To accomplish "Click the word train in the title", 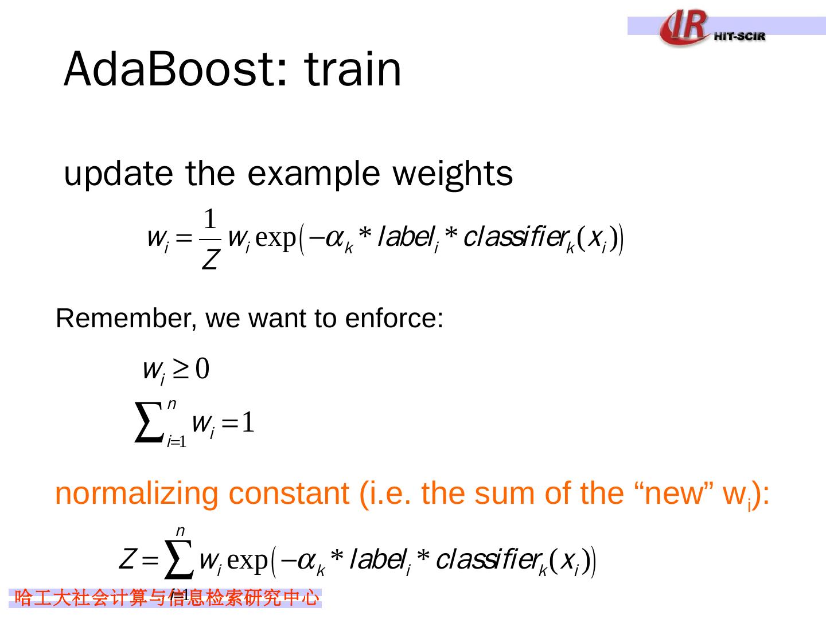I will point(353,69).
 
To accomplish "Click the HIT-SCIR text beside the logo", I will point(740,36).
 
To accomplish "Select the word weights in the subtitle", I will point(453,174).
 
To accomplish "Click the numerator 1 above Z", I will point(211,219).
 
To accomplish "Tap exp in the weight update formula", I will point(275,237).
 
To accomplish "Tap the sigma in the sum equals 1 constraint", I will point(148,423).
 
